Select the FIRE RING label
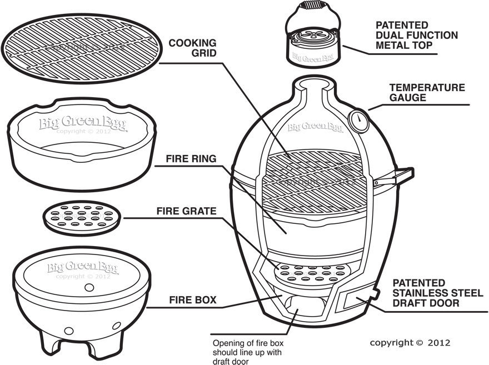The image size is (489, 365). coord(191,158)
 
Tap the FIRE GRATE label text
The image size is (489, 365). coord(186,211)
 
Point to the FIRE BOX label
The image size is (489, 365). coord(191,301)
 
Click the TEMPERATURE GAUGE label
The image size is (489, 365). coord(427,92)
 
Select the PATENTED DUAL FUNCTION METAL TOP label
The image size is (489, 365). coord(417,35)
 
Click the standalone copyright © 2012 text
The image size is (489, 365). coord(410,342)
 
